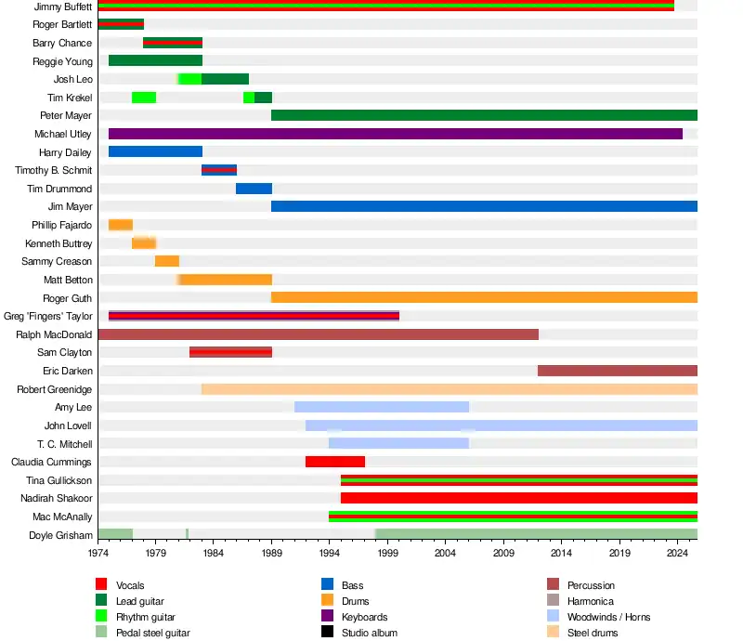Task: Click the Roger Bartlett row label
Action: pyautogui.click(x=62, y=24)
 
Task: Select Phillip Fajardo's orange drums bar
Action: pyautogui.click(x=121, y=225)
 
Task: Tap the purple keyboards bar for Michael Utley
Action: pyautogui.click(x=395, y=134)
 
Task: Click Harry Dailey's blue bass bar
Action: pyautogui.click(x=155, y=151)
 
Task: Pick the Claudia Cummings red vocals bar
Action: pyautogui.click(x=334, y=462)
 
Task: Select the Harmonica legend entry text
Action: pyautogui.click(x=591, y=601)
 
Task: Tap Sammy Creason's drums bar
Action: pyautogui.click(x=167, y=261)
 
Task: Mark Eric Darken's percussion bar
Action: pyautogui.click(x=617, y=371)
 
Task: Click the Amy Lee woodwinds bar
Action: pyautogui.click(x=382, y=407)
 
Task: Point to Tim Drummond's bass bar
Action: pyautogui.click(x=254, y=189)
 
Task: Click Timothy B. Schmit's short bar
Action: pyautogui.click(x=219, y=170)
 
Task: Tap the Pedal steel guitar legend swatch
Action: pyautogui.click(x=101, y=633)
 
